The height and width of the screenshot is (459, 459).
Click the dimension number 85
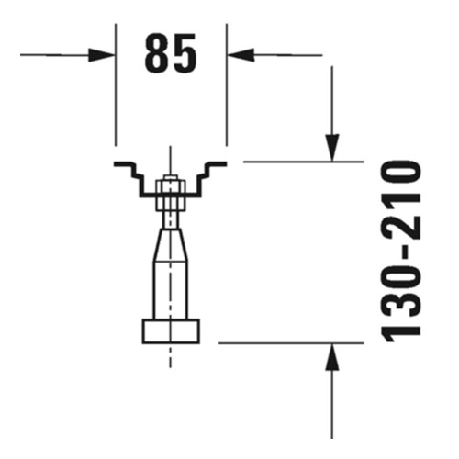171,55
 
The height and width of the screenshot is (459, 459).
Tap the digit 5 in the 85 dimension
185,55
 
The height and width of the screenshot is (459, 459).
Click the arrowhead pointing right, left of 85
103,55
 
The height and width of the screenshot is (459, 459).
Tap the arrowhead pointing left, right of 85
239,55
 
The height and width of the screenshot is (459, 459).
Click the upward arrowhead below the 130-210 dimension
332,358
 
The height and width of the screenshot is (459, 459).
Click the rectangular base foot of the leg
170,330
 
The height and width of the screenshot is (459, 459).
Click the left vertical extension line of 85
116,101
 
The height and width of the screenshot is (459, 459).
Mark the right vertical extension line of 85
227,101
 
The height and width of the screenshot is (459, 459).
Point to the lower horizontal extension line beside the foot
275,343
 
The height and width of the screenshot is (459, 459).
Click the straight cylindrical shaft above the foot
170,289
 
